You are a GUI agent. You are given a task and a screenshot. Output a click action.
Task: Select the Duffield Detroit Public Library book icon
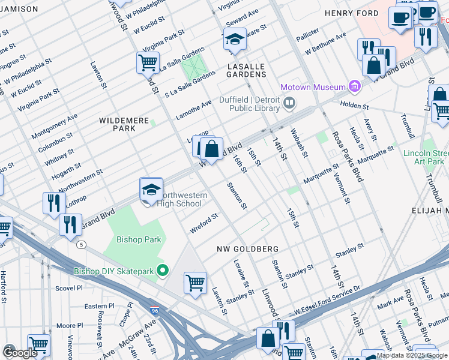(x=289, y=104)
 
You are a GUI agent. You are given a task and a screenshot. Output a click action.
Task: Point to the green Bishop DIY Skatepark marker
(x=161, y=271)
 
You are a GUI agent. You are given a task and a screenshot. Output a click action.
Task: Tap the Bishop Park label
(x=139, y=239)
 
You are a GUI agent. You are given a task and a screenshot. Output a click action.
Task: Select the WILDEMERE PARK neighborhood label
(x=124, y=124)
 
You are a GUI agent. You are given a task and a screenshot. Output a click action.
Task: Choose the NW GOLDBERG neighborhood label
(x=247, y=248)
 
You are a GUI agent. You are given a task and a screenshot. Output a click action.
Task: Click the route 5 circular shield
(x=80, y=244)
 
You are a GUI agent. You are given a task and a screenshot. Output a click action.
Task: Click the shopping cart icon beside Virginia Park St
(x=148, y=62)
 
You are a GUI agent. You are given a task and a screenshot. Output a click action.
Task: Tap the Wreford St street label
(x=203, y=223)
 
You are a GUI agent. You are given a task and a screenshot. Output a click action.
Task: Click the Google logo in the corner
(x=20, y=353)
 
